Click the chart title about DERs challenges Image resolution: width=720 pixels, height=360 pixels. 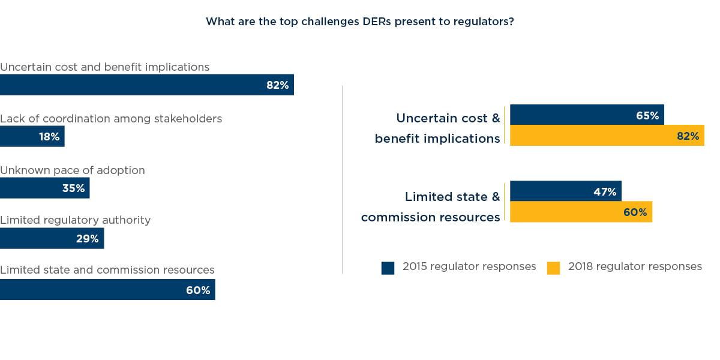(359, 22)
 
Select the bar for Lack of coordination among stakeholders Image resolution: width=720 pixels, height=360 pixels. (32, 137)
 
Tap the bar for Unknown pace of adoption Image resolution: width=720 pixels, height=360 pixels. (44, 188)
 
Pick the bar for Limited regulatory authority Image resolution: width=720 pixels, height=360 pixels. (52, 239)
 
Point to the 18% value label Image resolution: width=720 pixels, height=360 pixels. (49, 137)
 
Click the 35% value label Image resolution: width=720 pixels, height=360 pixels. (73, 188)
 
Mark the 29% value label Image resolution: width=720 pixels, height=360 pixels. (87, 239)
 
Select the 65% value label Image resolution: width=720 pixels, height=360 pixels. (647, 116)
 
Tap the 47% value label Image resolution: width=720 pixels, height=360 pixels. (605, 192)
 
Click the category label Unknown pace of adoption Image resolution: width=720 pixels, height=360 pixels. (73, 170)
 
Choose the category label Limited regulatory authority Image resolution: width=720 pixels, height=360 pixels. (75, 220)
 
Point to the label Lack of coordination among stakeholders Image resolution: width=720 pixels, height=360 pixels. (111, 119)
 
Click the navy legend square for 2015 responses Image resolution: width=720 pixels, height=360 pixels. (388, 268)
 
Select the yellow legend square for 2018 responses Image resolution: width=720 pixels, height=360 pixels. (553, 268)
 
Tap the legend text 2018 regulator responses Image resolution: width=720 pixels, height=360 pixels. (635, 266)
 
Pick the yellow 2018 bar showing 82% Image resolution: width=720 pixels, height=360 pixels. (606, 136)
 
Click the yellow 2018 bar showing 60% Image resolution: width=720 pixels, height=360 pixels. (580, 212)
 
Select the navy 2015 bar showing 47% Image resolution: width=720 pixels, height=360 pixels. (565, 191)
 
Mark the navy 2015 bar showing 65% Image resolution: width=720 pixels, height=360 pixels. (586, 115)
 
